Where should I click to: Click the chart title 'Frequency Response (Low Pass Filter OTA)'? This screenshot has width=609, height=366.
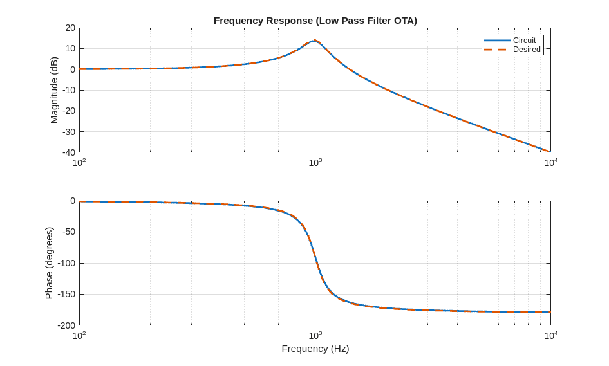(x=315, y=21)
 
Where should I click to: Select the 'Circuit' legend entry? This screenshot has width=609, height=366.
(x=524, y=41)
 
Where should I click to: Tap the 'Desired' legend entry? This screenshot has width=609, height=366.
(x=527, y=50)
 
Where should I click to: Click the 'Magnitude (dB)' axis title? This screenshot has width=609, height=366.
(x=54, y=90)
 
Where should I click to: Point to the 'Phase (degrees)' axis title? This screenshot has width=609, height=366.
(x=49, y=263)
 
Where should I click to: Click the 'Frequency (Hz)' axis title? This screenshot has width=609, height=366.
(x=315, y=349)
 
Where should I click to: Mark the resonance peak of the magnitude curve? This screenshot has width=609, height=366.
(x=314, y=41)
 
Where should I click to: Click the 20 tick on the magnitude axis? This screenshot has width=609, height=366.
(x=70, y=28)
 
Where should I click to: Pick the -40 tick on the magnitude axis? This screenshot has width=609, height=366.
(x=69, y=152)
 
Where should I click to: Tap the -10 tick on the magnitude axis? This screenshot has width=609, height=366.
(x=69, y=90)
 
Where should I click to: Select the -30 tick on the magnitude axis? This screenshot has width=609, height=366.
(x=69, y=132)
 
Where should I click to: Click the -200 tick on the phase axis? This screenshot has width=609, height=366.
(x=66, y=325)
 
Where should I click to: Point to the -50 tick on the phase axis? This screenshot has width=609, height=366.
(x=68, y=232)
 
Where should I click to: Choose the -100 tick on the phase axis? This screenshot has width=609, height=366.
(x=66, y=263)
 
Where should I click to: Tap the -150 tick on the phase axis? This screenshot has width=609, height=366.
(x=66, y=294)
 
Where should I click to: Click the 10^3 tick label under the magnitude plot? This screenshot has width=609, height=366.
(x=315, y=163)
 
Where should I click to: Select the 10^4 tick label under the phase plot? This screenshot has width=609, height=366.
(x=550, y=336)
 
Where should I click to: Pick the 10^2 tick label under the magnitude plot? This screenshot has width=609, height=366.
(x=79, y=163)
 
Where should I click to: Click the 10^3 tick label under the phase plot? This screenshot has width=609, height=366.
(x=315, y=336)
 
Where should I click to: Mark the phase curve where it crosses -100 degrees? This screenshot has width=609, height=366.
(x=317, y=263)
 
